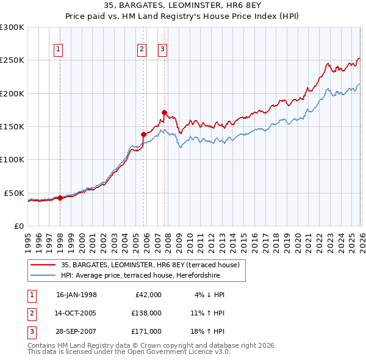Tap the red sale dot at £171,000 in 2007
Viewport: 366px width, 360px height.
pyautogui.click(x=165, y=112)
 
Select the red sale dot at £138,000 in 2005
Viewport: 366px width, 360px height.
pyautogui.click(x=143, y=134)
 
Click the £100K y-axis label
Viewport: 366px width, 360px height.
pyautogui.click(x=12, y=159)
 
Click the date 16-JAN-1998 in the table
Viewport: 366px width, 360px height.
pyautogui.click(x=76, y=295)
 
